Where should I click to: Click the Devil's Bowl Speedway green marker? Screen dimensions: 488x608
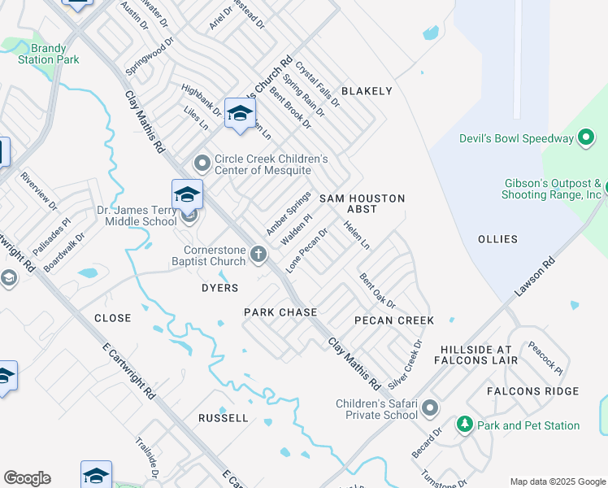pyautogui.click(x=586, y=138)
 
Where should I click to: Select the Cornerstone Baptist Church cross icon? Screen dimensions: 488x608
pyautogui.click(x=258, y=255)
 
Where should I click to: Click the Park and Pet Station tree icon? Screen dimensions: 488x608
pyautogui.click(x=464, y=425)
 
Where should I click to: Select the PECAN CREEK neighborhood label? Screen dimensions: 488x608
pyautogui.click(x=394, y=320)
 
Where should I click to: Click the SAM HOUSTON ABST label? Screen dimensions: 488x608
pyautogui.click(x=362, y=203)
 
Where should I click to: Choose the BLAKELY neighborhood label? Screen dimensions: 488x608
pyautogui.click(x=367, y=91)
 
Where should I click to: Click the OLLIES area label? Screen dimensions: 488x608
pyautogui.click(x=498, y=239)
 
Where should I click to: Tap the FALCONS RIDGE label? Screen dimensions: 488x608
pyautogui.click(x=533, y=391)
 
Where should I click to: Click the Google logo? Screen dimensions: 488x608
pyautogui.click(x=27, y=478)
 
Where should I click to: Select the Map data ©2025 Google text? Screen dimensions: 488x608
pyautogui.click(x=557, y=481)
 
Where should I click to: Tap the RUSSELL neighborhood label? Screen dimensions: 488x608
pyautogui.click(x=224, y=417)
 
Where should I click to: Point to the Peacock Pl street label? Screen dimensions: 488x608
pyautogui.click(x=545, y=356)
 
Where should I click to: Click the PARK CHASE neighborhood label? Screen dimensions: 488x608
pyautogui.click(x=275, y=312)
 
